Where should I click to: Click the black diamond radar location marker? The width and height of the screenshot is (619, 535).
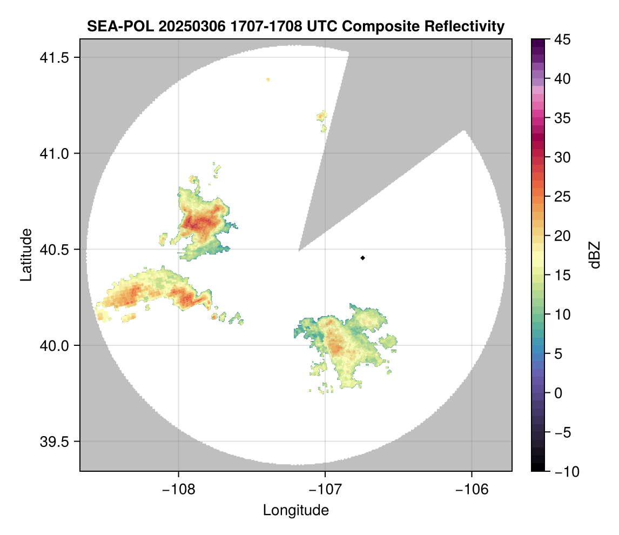coord(363,258)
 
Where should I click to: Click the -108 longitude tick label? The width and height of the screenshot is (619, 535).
coord(178,489)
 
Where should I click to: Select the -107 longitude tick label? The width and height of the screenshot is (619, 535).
coord(325,489)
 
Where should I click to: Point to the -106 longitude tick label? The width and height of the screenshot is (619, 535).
coord(472,489)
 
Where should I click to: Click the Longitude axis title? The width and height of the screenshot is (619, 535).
coord(296,510)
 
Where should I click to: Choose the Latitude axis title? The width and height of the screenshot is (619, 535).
coord(26,255)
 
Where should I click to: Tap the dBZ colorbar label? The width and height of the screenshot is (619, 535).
coord(595,255)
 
